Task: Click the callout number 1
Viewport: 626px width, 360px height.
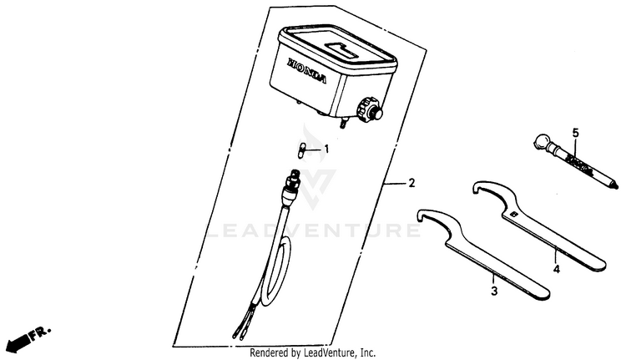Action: coord(326,150)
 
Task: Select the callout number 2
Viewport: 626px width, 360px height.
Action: coord(410,183)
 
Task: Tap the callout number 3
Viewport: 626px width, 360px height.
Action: coord(493,291)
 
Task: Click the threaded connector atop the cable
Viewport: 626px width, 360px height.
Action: coord(293,180)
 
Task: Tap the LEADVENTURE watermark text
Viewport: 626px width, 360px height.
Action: coord(313,229)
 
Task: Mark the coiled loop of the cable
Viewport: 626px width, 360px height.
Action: coord(275,276)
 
